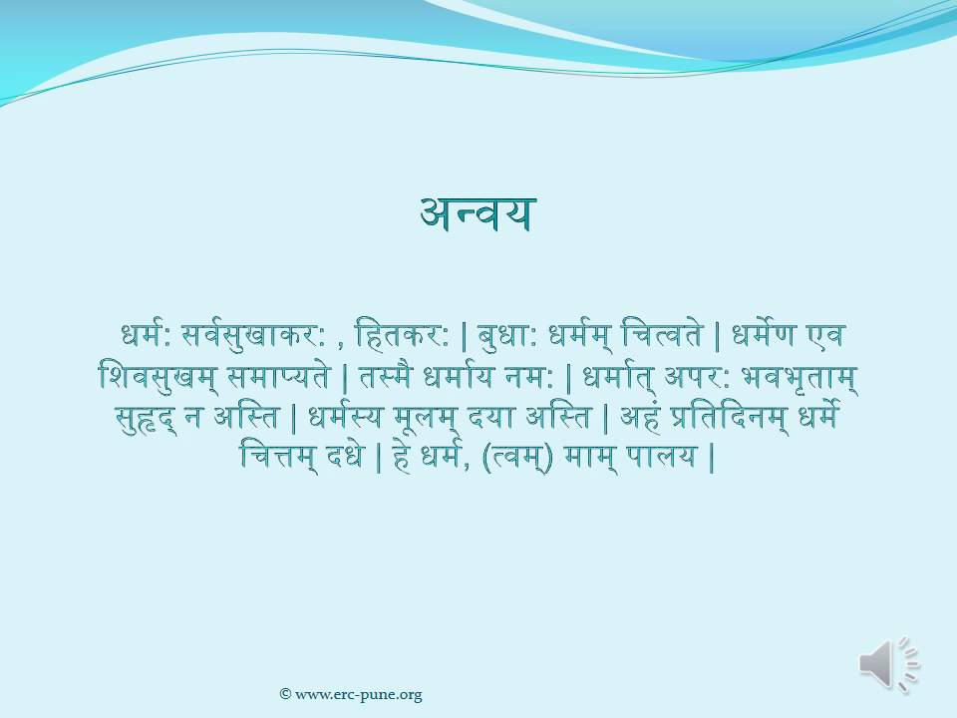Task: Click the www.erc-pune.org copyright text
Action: tap(351, 694)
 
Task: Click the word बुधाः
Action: tap(509, 334)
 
